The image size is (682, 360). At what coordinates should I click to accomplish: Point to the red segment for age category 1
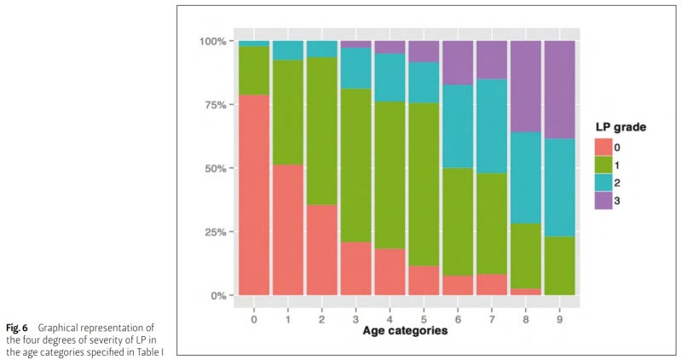tap(288, 229)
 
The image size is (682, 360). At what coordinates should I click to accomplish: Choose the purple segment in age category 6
tap(459, 62)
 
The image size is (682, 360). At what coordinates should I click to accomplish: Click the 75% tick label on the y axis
tap(211, 105)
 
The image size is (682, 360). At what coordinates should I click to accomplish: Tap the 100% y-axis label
tap(210, 41)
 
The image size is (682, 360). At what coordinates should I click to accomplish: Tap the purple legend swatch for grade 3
tap(606, 200)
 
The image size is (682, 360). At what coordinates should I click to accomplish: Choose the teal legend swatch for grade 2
tap(606, 182)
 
